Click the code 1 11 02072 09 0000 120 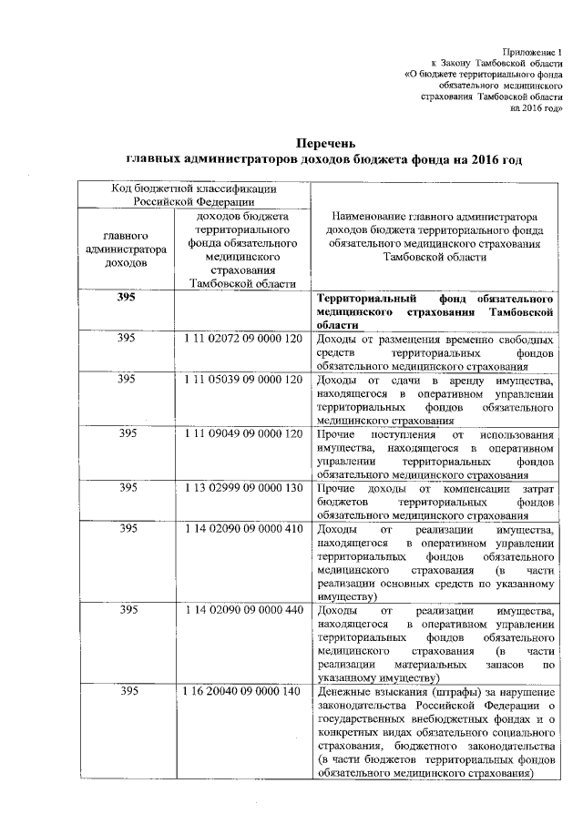click(x=242, y=338)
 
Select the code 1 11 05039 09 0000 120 click(x=242, y=379)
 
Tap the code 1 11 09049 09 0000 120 click(x=242, y=433)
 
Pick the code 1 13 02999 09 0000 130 click(x=242, y=488)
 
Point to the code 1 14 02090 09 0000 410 click(x=242, y=529)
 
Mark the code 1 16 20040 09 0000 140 click(x=242, y=692)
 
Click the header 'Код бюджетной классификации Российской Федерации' click(x=194, y=195)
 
